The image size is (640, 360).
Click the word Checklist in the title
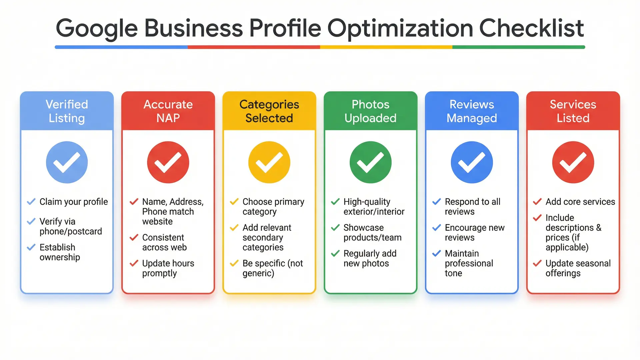tap(531, 28)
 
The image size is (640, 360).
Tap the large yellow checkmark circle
tap(269, 162)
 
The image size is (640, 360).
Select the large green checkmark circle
tap(370, 162)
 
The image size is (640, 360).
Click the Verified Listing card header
tap(67, 111)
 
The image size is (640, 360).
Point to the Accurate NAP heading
tap(168, 111)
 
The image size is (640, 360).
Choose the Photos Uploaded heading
tap(370, 111)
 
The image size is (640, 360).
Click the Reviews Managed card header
tap(472, 111)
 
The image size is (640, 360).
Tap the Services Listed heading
tap(573, 111)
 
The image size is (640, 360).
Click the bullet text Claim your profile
tap(74, 202)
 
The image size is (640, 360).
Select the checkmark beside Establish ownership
tap(31, 247)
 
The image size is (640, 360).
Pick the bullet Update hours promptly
tap(168, 268)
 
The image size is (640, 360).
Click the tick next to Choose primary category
tap(234, 202)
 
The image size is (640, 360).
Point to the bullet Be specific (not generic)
tap(273, 268)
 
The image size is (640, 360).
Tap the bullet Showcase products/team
tap(372, 232)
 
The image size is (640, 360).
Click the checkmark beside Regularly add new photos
tap(335, 254)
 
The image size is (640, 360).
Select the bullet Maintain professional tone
tap(469, 263)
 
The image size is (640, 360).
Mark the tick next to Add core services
tap(537, 202)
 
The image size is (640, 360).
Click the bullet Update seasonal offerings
tap(578, 268)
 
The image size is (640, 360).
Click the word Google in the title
tap(97, 28)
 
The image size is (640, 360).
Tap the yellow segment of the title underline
tap(386, 47)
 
